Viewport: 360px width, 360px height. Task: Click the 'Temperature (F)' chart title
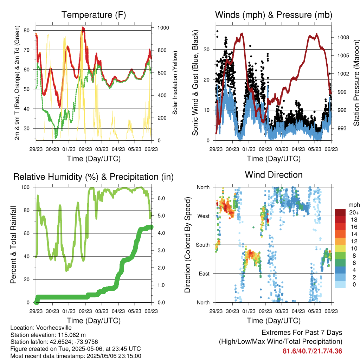94,15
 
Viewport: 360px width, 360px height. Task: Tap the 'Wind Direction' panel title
274,175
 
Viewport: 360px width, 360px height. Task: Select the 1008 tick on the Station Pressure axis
343,37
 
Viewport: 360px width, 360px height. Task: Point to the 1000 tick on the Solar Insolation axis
163,28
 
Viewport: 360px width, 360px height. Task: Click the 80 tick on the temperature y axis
26,30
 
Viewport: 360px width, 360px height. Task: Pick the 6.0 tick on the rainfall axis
161,198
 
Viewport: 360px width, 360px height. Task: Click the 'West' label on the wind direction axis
204,216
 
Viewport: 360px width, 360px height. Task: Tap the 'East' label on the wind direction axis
204,274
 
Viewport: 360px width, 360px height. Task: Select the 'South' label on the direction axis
203,245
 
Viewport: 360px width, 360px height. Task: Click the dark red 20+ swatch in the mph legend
340,212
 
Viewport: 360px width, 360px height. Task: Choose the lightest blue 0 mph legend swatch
340,284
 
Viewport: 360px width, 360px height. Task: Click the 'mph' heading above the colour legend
354,205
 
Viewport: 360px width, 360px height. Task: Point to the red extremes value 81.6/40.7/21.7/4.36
312,351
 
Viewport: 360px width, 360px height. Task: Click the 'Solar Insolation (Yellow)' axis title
175,83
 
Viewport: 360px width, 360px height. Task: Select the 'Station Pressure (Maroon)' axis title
356,83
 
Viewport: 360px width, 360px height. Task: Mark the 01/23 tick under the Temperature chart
69,149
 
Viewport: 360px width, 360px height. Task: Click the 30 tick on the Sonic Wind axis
207,49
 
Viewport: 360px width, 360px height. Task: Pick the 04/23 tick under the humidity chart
118,311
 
